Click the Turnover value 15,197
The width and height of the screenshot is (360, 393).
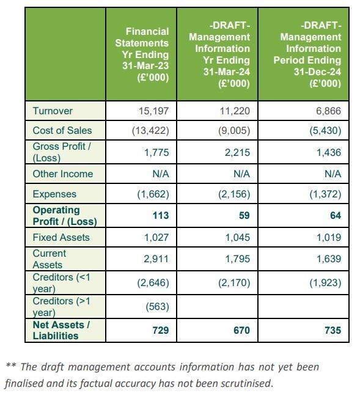(x=153, y=111)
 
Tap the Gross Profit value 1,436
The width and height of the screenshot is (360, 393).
(x=329, y=152)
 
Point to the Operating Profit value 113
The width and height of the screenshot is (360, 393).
(x=161, y=215)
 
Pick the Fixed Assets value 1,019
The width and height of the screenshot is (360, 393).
(x=329, y=237)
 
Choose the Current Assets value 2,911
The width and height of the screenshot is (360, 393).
(x=156, y=259)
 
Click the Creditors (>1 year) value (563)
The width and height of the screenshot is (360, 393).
(x=158, y=307)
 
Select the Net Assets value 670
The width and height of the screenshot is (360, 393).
(x=241, y=330)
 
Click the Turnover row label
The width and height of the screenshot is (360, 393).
(x=53, y=111)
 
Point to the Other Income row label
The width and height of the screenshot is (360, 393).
(x=63, y=174)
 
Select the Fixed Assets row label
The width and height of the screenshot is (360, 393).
(x=61, y=237)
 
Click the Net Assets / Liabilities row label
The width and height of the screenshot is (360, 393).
(x=61, y=330)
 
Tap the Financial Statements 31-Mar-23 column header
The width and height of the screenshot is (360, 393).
(x=142, y=54)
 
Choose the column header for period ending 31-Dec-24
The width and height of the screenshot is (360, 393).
(x=307, y=54)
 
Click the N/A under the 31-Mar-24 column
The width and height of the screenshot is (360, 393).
(x=241, y=174)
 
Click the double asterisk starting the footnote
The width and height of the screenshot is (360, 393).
(x=11, y=365)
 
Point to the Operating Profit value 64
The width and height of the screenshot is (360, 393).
(x=336, y=215)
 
